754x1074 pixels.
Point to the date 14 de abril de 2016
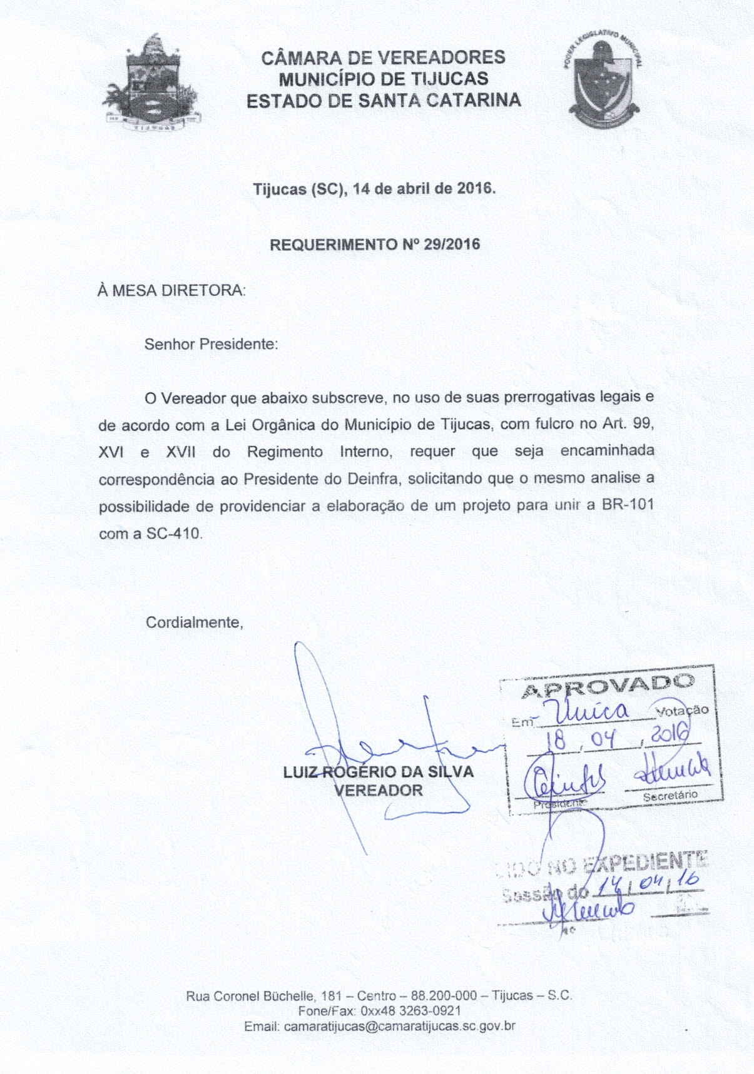[424, 188]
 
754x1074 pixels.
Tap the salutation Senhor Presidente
[211, 344]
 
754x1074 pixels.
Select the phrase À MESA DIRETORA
[171, 291]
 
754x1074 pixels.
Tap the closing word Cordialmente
[194, 622]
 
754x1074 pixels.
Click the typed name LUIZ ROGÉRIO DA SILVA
[379, 772]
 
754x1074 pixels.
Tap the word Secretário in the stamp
[670, 796]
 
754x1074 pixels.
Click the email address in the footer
[399, 1026]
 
